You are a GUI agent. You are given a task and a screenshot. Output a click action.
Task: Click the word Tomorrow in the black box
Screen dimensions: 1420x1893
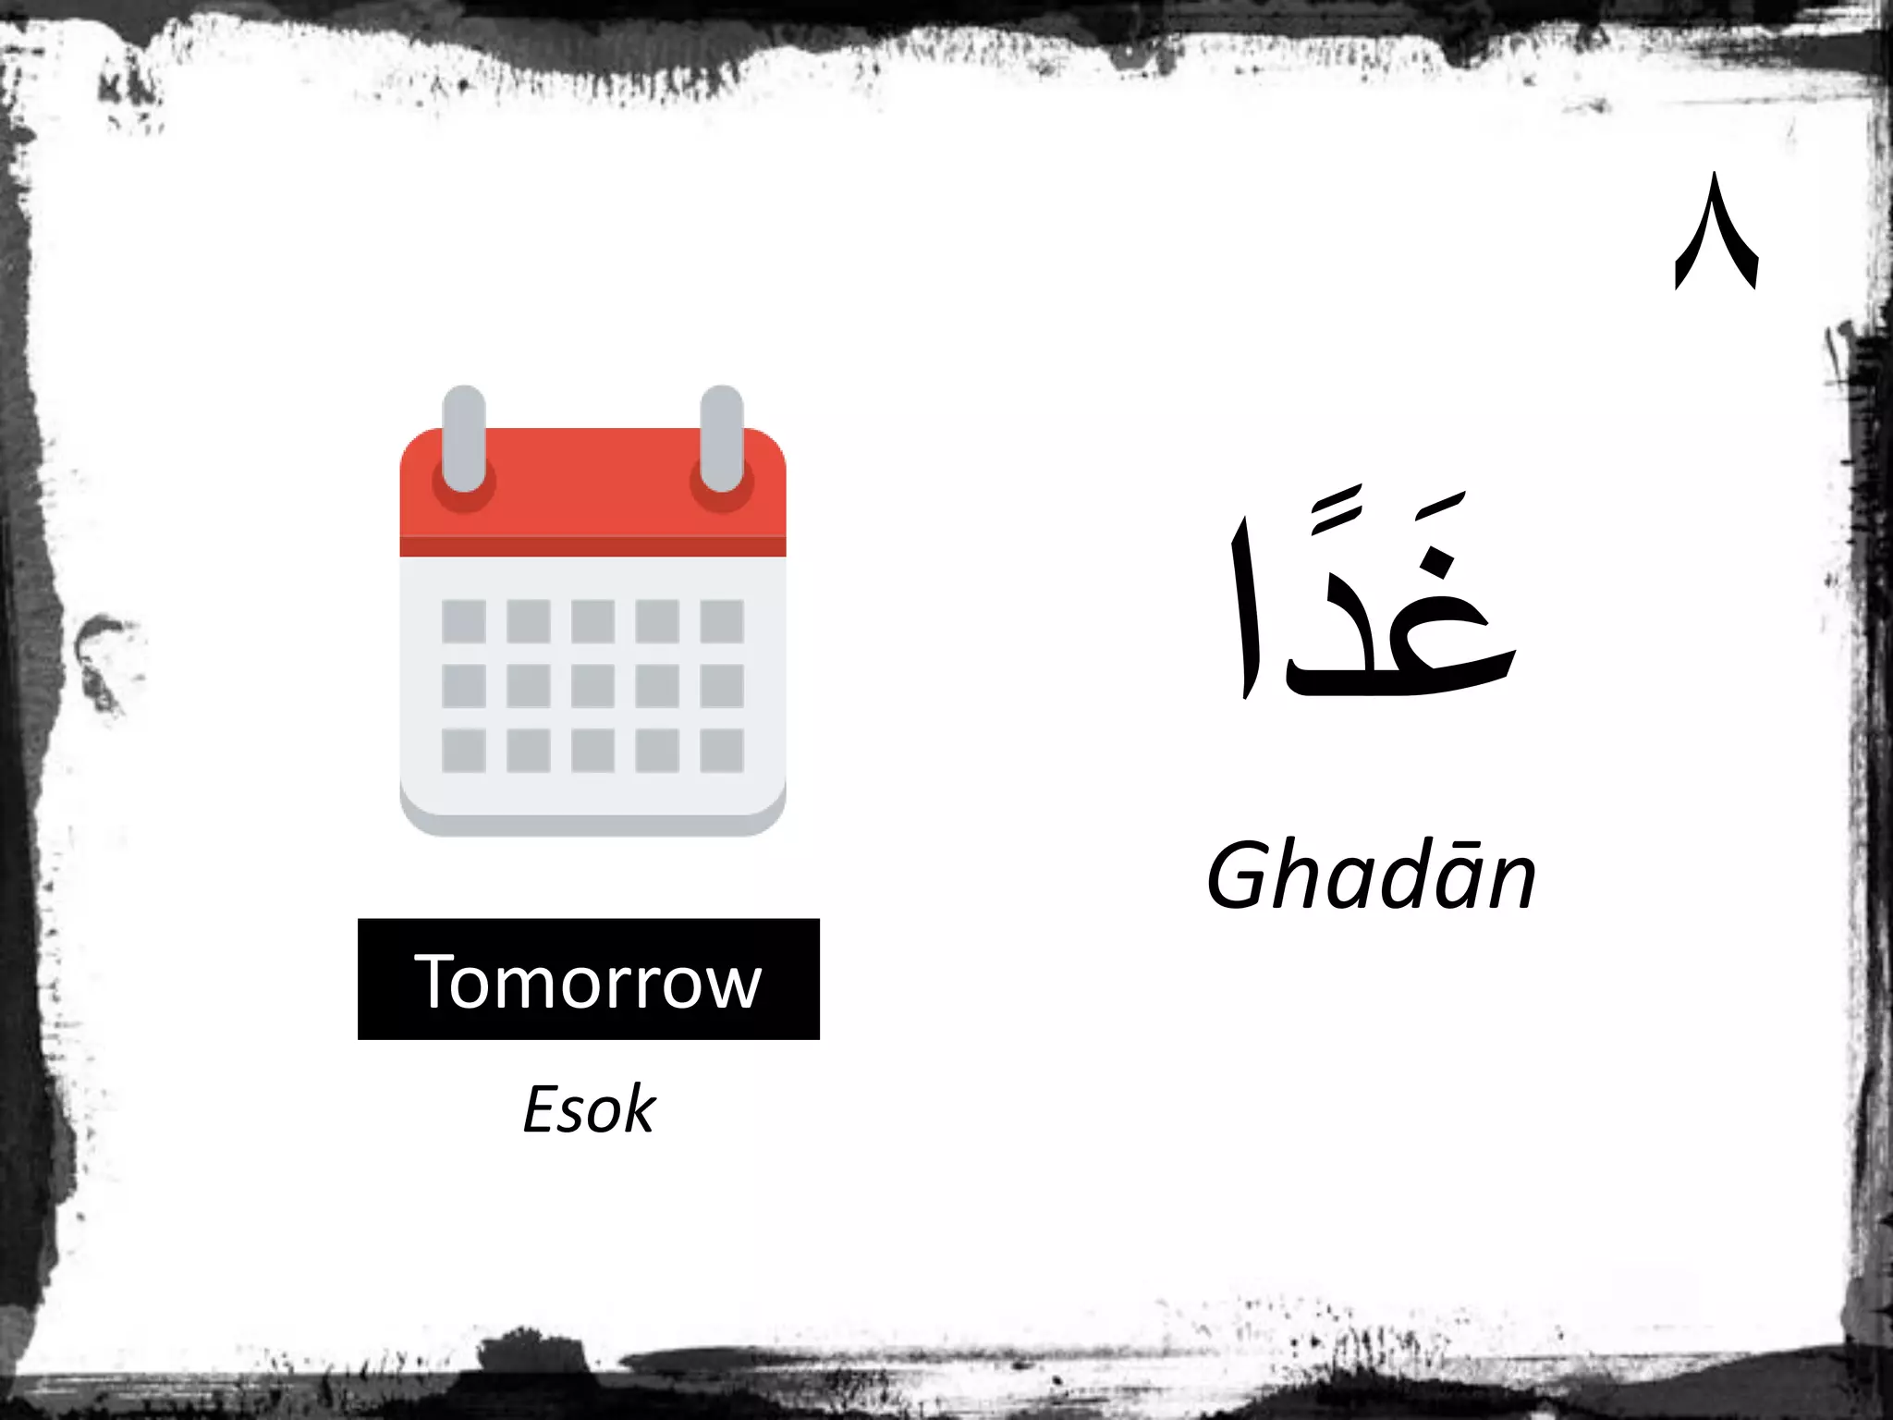pyautogui.click(x=588, y=981)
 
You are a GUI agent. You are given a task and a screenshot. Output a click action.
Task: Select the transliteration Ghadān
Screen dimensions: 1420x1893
pyautogui.click(x=1371, y=876)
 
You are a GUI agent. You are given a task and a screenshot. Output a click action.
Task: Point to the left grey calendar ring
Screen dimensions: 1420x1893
pyautogui.click(x=464, y=439)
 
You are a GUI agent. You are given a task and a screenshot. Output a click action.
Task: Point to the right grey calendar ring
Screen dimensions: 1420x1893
pyautogui.click(x=721, y=439)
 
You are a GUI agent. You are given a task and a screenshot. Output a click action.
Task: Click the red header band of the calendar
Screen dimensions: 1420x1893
pyautogui.click(x=592, y=490)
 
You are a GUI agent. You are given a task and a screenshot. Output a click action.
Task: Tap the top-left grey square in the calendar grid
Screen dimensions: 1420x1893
pyautogui.click(x=464, y=621)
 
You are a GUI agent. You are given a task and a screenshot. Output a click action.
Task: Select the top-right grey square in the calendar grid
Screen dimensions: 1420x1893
pyautogui.click(x=721, y=621)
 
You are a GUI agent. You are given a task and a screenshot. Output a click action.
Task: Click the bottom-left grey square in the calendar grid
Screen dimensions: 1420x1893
pyautogui.click(x=464, y=750)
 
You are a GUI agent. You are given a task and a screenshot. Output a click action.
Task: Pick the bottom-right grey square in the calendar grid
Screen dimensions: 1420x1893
pyautogui.click(x=721, y=750)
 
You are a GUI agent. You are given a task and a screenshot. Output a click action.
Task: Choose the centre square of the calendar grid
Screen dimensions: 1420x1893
pyautogui.click(x=592, y=686)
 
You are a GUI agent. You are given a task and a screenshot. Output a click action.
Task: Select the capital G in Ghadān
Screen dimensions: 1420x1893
pyautogui.click(x=1241, y=875)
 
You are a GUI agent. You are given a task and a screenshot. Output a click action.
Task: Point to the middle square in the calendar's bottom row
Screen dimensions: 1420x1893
pyautogui.click(x=592, y=750)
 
